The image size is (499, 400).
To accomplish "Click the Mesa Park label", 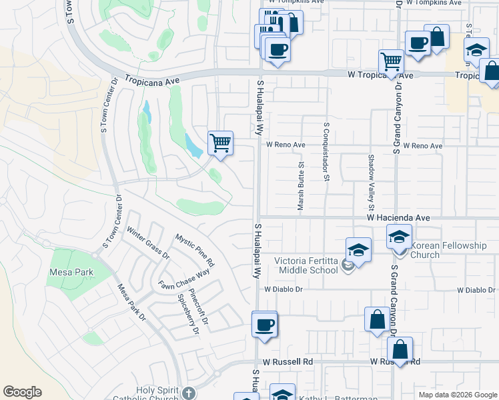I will [x=71, y=272].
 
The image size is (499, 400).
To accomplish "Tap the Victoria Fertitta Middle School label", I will [x=307, y=265].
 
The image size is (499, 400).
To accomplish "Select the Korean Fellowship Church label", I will [x=448, y=250].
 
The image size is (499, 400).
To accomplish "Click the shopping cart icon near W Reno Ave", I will [x=220, y=142].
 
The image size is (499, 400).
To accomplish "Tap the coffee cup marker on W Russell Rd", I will [x=264, y=325].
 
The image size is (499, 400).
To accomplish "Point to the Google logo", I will [x=22, y=392].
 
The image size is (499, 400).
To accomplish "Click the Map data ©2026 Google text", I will [x=457, y=395].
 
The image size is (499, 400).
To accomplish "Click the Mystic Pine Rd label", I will [x=195, y=248].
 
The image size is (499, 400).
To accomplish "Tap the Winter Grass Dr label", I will [x=148, y=244].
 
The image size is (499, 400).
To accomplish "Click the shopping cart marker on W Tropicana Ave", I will [x=391, y=62].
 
